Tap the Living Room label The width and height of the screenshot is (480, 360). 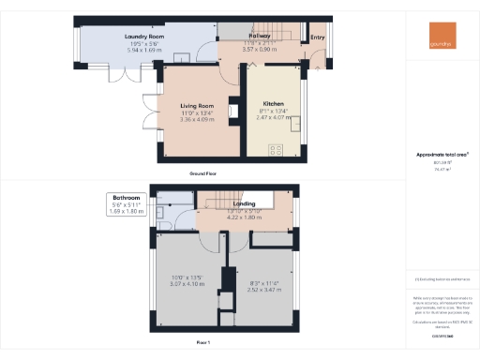tap(198, 106)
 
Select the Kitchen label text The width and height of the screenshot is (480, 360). tap(274, 102)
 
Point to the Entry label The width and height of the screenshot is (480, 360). tap(319, 37)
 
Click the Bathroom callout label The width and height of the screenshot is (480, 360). tap(127, 198)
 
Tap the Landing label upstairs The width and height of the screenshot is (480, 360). tap(244, 203)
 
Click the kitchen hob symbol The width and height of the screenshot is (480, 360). tap(277, 148)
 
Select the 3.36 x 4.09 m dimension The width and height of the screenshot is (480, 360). tap(198, 119)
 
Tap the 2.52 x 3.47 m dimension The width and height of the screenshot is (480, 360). tap(265, 289)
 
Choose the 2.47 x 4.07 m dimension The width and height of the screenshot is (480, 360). tap(274, 115)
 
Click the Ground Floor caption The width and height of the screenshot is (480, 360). tap(204, 174)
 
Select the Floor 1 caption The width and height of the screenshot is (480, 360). tap(204, 343)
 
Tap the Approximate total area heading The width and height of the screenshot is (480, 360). tap(442, 154)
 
